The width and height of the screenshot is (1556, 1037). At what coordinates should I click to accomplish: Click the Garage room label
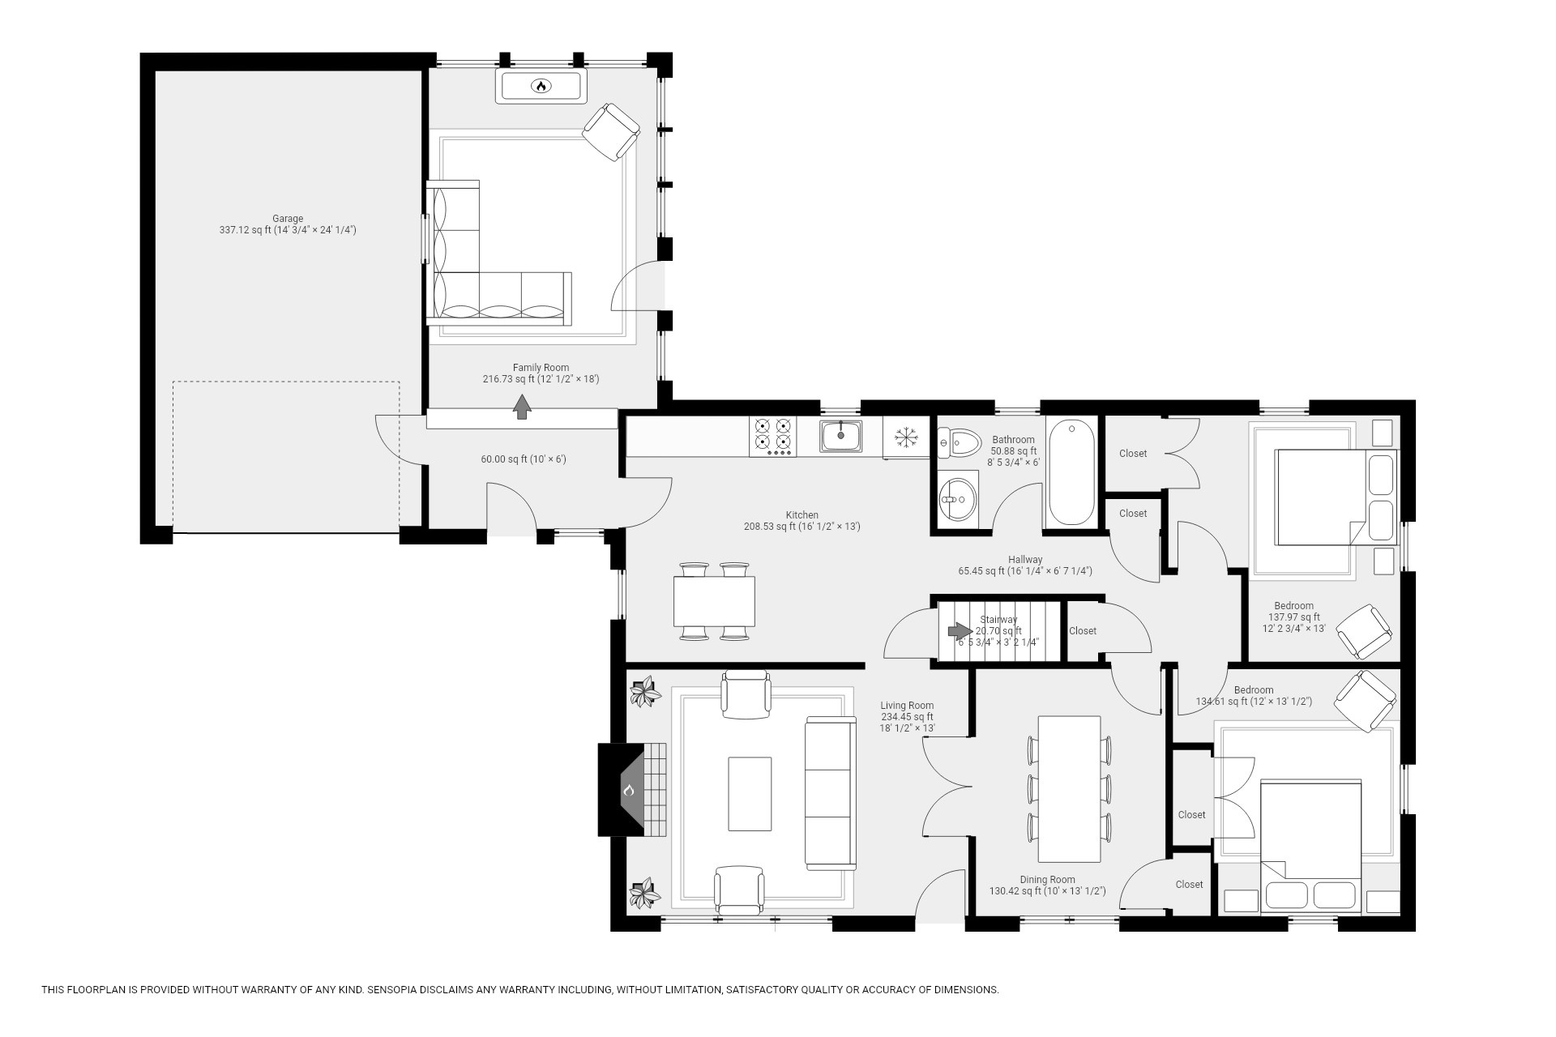pyautogui.click(x=288, y=219)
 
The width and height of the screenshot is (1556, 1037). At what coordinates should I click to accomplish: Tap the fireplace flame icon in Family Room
pyautogui.click(x=541, y=86)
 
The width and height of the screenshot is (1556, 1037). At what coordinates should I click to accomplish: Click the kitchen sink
pyautogui.click(x=840, y=435)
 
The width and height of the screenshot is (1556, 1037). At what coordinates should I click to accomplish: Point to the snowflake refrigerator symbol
pyautogui.click(x=906, y=438)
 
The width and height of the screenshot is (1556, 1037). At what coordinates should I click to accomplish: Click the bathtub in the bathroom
pyautogui.click(x=1071, y=472)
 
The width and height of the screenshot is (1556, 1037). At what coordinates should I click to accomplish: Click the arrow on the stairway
pyautogui.click(x=960, y=631)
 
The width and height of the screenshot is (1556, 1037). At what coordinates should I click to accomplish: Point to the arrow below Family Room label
pyautogui.click(x=522, y=406)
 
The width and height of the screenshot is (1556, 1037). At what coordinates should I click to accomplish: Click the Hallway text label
pyautogui.click(x=1025, y=560)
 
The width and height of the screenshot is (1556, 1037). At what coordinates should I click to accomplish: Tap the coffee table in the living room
pyautogui.click(x=750, y=793)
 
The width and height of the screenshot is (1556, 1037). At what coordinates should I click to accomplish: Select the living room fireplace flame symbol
pyautogui.click(x=629, y=790)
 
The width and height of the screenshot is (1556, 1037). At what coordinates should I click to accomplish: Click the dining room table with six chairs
pyautogui.click(x=1069, y=788)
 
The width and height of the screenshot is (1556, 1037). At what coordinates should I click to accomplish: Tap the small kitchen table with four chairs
pyautogui.click(x=714, y=601)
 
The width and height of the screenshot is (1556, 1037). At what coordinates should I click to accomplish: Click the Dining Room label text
pyautogui.click(x=1047, y=880)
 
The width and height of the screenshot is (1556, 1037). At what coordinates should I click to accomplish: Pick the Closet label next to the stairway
pyautogui.click(x=1083, y=631)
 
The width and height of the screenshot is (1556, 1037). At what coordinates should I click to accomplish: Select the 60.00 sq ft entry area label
pyautogui.click(x=523, y=459)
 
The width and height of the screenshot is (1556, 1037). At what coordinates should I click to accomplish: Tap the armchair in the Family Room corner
pyautogui.click(x=612, y=132)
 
